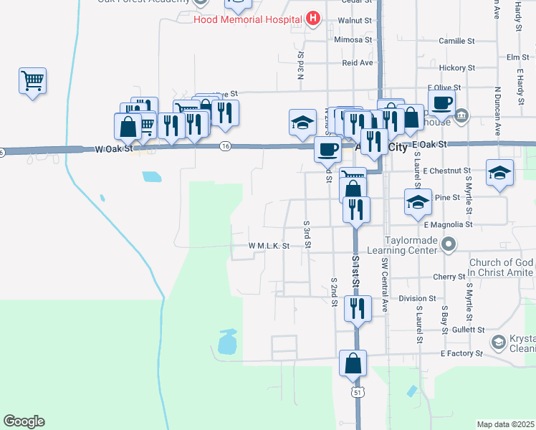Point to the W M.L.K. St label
(x=269, y=245)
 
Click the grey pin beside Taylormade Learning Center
(x=449, y=246)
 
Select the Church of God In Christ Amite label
(x=501, y=267)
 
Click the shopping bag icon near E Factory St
(x=354, y=363)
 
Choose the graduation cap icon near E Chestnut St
(x=500, y=173)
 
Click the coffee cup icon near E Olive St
(x=441, y=102)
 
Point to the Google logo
(x=24, y=421)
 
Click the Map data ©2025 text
(x=504, y=424)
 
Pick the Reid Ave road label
(x=358, y=63)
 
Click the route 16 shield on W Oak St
(x=226, y=146)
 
